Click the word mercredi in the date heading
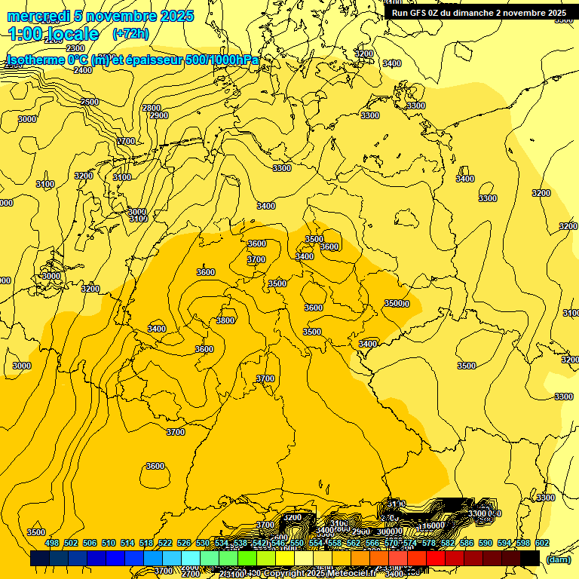(38, 16)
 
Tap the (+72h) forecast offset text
(130, 33)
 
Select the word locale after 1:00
(72, 34)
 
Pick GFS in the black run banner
(421, 13)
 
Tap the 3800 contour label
(225, 320)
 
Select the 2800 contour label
(152, 108)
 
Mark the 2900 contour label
(159, 115)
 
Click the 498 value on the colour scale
(52, 543)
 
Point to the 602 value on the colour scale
(542, 543)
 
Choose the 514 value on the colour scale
(127, 543)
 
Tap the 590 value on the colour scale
(486, 543)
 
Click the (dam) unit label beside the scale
(558, 559)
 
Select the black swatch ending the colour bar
(530, 559)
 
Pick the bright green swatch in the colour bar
(247, 559)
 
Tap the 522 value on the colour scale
(165, 543)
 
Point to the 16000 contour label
(433, 525)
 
